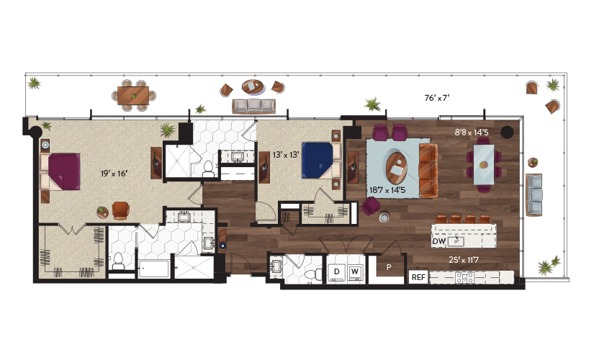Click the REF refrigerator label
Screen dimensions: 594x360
[418, 277]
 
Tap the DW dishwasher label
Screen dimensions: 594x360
[439, 241]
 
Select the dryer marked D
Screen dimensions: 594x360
[336, 272]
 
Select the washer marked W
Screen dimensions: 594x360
[354, 272]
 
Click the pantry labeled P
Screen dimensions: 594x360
[389, 267]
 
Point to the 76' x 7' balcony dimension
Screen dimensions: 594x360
[437, 98]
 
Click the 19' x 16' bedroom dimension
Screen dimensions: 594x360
[114, 174]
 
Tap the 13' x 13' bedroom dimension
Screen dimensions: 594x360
[286, 155]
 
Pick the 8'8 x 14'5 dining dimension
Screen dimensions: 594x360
[472, 132]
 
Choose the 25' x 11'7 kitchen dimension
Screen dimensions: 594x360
[464, 260]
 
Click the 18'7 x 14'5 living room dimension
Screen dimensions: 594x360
[387, 190]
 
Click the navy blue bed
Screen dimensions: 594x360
[318, 161]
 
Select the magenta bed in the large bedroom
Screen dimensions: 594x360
[64, 171]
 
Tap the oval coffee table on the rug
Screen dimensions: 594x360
[397, 168]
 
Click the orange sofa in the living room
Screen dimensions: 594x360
[429, 171]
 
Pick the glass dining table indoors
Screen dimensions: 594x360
[484, 165]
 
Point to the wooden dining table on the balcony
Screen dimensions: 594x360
[133, 96]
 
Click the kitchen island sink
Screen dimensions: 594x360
[456, 241]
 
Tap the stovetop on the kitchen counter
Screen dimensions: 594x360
[465, 278]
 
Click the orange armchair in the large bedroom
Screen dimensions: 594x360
[121, 211]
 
